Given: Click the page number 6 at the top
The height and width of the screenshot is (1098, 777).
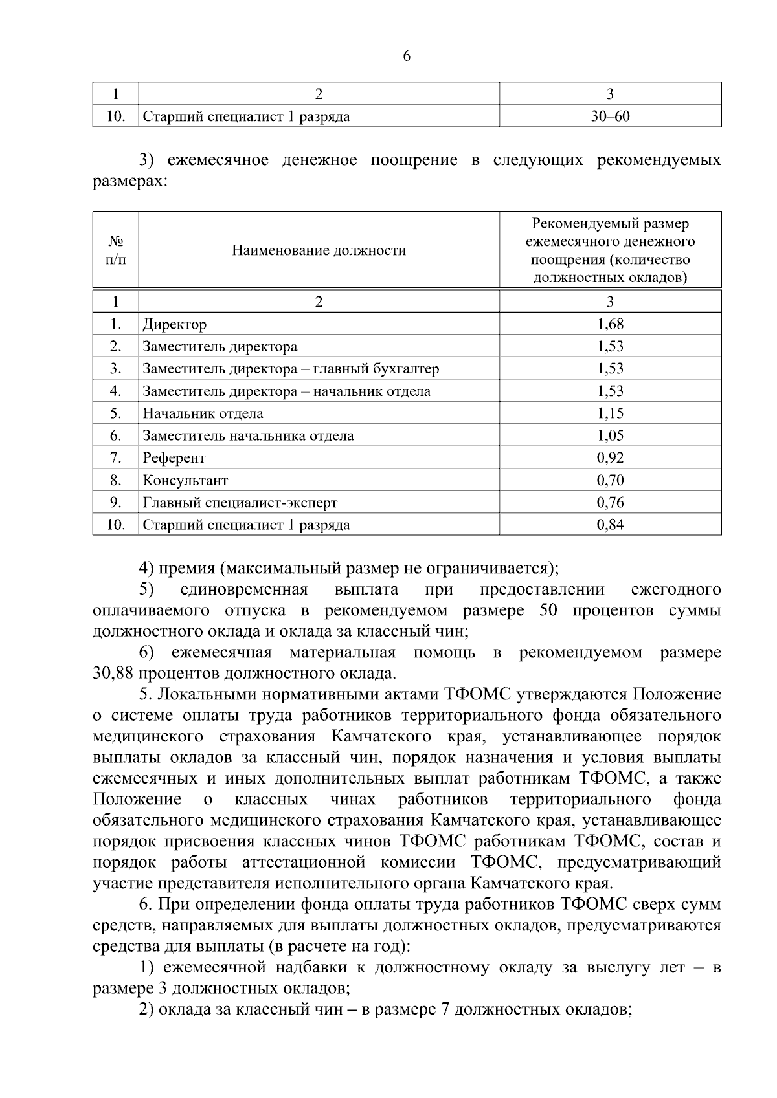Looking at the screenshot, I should [x=407, y=56].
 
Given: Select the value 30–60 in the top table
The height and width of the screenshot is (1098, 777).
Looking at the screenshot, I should [x=610, y=116].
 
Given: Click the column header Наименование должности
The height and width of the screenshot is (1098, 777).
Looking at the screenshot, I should [x=319, y=250].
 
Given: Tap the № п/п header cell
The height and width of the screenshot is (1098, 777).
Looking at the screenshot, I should [x=116, y=250].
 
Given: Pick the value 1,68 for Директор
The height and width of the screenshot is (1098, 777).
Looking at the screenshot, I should [x=610, y=324].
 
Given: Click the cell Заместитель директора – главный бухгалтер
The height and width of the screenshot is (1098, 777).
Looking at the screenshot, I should [x=291, y=369].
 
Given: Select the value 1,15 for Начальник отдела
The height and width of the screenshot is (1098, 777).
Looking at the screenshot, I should [x=610, y=413].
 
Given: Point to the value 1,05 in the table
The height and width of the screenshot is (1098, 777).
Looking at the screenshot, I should [x=610, y=435].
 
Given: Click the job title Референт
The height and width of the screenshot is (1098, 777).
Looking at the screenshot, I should [x=174, y=458].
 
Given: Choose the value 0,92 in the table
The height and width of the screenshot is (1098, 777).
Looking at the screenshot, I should [x=610, y=458].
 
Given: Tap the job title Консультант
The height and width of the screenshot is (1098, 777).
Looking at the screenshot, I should [x=185, y=480].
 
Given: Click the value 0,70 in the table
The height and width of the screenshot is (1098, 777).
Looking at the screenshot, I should [x=610, y=480].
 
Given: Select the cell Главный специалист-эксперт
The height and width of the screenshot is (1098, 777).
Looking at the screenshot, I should [x=240, y=503].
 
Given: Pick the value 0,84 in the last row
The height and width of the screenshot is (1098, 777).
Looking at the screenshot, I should [x=610, y=525].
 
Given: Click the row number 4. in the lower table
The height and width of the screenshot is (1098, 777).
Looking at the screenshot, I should [x=116, y=391].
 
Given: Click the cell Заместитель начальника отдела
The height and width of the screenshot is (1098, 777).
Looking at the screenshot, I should [x=248, y=435].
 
